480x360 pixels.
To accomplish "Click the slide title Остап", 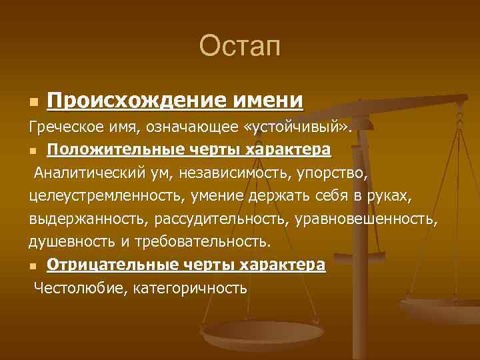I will [240, 46].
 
